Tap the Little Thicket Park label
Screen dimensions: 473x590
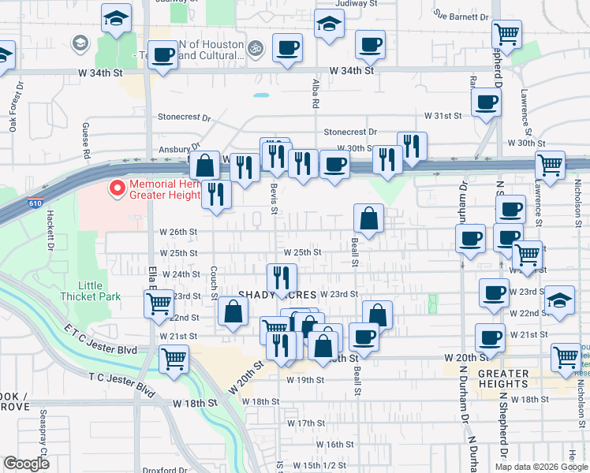coord(90,291)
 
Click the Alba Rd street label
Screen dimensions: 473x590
coord(315,93)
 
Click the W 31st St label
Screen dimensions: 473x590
coord(442,116)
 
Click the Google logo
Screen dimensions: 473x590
coord(26,463)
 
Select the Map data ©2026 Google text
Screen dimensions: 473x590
coord(540,467)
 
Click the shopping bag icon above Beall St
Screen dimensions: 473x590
coord(368,218)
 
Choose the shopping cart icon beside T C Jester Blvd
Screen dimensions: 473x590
coord(174,360)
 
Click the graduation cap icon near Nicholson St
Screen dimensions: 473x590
coord(560,300)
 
